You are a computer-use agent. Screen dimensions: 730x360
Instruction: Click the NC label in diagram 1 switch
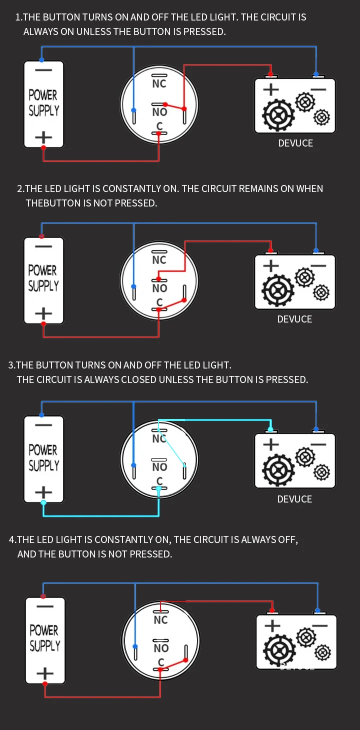click(x=159, y=83)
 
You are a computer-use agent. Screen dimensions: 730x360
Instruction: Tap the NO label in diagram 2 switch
click(x=159, y=288)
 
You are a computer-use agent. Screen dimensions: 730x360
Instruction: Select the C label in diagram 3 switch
click(x=159, y=481)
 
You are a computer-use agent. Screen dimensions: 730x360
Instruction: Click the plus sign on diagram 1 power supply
click(x=43, y=136)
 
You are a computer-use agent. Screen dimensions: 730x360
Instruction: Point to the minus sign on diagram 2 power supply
click(x=43, y=246)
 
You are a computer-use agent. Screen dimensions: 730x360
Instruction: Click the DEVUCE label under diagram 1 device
click(x=295, y=143)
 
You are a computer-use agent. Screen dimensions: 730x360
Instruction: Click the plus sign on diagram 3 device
click(x=270, y=444)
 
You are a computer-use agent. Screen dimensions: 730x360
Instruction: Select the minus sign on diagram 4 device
click(x=319, y=625)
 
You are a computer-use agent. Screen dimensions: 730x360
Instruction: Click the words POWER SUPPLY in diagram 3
click(x=43, y=457)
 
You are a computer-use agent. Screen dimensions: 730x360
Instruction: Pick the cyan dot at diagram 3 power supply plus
click(x=43, y=502)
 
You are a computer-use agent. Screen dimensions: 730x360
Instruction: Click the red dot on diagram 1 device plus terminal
click(x=270, y=74)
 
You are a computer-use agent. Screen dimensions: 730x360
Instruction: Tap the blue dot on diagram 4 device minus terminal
click(x=317, y=610)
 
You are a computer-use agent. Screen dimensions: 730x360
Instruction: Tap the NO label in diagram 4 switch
click(x=161, y=648)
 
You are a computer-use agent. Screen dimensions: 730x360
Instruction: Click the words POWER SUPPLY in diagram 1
click(x=43, y=102)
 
